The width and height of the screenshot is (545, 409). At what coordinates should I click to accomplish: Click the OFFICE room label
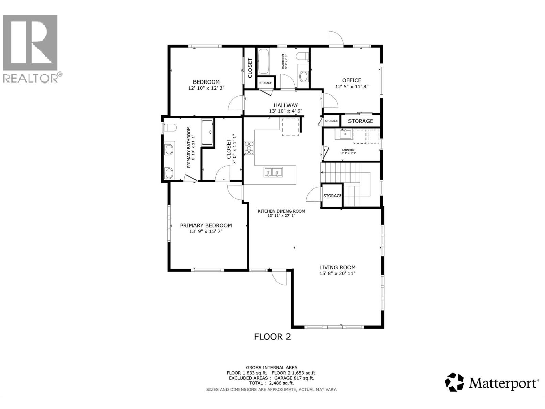coord(352,80)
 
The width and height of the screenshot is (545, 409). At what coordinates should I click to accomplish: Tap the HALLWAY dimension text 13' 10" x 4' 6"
coord(285,111)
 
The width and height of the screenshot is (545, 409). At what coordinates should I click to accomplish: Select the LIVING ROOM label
coord(337,268)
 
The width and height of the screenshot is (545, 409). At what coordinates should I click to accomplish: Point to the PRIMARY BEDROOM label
coord(206,225)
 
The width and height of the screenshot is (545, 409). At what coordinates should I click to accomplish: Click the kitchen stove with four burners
coord(249,148)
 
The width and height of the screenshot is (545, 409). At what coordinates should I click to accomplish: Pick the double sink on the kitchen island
coord(273,172)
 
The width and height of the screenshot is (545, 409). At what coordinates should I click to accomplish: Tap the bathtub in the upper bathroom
coord(263,62)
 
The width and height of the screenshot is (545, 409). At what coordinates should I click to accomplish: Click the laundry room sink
coord(345,134)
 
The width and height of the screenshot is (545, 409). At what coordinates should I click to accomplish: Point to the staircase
coord(351,184)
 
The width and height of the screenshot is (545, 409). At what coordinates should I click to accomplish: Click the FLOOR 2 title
coord(272,337)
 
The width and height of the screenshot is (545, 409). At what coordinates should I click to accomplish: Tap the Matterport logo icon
coord(455,382)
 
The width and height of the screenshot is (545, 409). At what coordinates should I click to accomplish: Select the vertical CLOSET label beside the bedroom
coord(250,68)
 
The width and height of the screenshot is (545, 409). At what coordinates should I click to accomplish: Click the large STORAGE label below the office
coord(360,121)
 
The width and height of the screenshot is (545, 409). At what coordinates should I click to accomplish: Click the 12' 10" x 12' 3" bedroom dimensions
coord(206,88)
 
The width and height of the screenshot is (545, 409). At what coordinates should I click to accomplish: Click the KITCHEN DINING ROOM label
coord(281,211)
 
